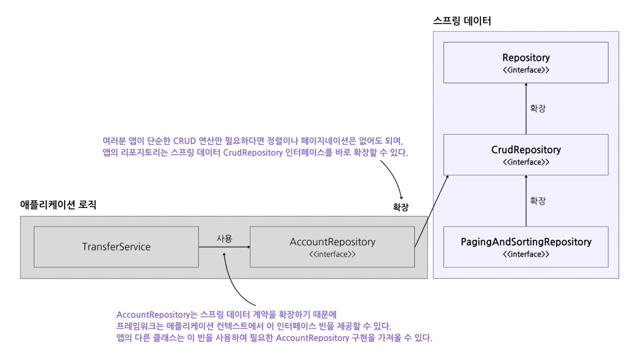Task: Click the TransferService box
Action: (116, 247)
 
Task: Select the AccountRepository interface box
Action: (332, 247)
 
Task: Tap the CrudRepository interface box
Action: (526, 155)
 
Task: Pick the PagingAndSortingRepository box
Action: (526, 247)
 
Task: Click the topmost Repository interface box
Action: (526, 63)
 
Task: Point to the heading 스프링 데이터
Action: (462, 21)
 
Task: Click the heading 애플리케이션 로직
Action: (58, 205)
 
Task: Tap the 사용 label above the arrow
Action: (224, 239)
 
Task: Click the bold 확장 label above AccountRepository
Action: (401, 207)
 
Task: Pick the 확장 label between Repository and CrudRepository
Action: (538, 108)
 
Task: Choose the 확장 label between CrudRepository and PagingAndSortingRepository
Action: (538, 201)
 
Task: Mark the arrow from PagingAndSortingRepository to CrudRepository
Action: (526, 201)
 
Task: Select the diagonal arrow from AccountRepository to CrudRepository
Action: (432, 211)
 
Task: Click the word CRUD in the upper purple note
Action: (184, 141)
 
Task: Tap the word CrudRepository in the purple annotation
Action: (253, 153)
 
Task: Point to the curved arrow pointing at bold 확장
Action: (394, 176)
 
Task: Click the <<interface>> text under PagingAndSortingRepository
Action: (526, 254)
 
